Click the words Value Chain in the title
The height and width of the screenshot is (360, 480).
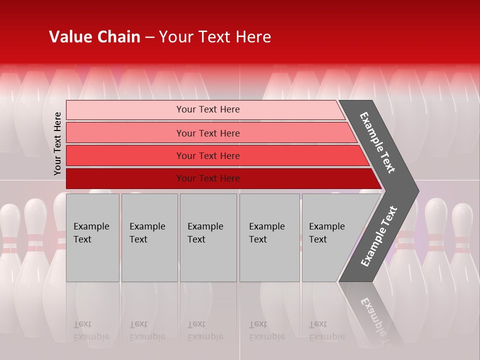[x=94, y=37]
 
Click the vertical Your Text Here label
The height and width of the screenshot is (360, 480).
[x=57, y=143]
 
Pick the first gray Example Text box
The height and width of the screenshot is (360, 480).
[x=92, y=237]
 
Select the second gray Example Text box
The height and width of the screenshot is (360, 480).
[x=149, y=237]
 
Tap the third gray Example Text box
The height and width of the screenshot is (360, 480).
[x=208, y=237]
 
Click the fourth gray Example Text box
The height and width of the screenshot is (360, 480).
[x=269, y=237]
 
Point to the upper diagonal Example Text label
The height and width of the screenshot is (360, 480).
[x=377, y=142]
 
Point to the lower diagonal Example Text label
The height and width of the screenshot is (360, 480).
[x=379, y=236]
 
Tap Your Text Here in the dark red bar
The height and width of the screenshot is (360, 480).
[x=208, y=178]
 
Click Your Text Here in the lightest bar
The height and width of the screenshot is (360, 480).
[x=208, y=109]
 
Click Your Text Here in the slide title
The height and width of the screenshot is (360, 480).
[x=215, y=37]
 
